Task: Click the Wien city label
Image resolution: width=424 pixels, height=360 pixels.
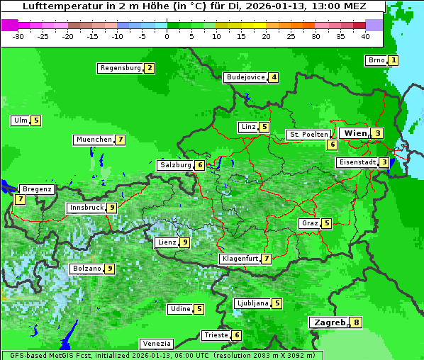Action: coord(356,133)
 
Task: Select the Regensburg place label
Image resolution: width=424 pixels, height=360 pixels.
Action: coord(121,68)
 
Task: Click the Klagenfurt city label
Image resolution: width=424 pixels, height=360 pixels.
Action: coord(240,259)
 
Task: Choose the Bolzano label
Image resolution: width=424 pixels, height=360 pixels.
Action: coord(87,269)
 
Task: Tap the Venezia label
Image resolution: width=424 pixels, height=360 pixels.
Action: coord(156,343)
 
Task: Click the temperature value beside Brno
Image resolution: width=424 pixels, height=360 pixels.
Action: coord(394,61)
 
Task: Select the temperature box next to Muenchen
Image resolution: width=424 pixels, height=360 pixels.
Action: coord(121,140)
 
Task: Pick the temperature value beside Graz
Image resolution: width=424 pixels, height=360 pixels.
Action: coord(326,223)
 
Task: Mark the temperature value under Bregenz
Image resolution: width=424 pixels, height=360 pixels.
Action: coord(20,200)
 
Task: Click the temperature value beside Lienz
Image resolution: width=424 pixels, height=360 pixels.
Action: coord(184,242)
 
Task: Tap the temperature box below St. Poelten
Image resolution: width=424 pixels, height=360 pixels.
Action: coord(332,145)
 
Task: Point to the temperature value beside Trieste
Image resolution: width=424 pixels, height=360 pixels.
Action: coord(237,335)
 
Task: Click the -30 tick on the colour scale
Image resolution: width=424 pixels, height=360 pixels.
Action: coord(18,35)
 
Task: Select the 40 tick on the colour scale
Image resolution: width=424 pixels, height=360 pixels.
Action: coord(365,35)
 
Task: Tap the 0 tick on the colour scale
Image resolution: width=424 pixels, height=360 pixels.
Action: coord(167,35)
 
